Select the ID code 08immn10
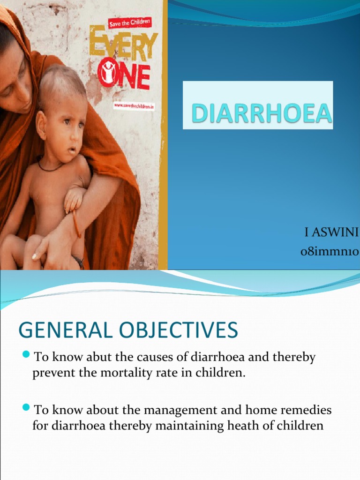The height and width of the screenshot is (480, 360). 330,253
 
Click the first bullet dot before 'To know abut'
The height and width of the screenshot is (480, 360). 26,354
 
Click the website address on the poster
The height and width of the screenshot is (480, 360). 134,106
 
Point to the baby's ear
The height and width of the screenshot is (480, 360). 42,126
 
